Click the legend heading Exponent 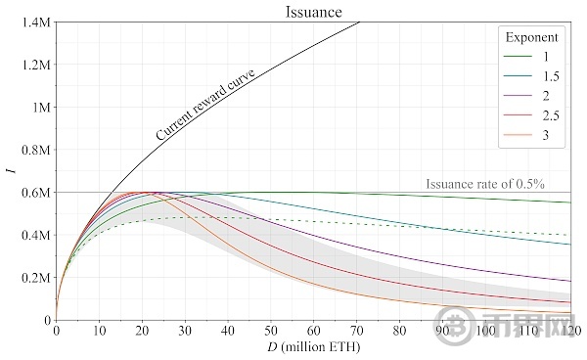531,38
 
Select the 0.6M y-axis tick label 36,193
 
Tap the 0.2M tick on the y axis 36,278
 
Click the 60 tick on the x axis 314,332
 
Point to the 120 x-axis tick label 570,332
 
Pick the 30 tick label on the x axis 185,332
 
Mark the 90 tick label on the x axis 443,332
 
